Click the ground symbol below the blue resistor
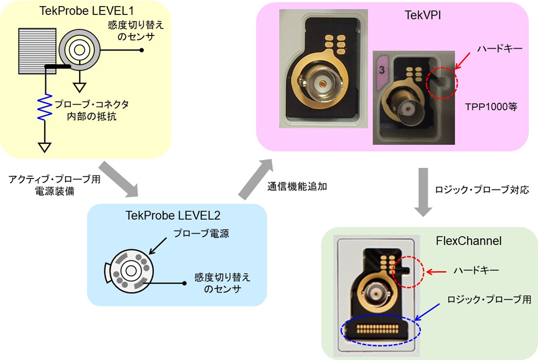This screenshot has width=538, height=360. [x=45, y=147]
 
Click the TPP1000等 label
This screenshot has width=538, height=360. [x=490, y=107]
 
